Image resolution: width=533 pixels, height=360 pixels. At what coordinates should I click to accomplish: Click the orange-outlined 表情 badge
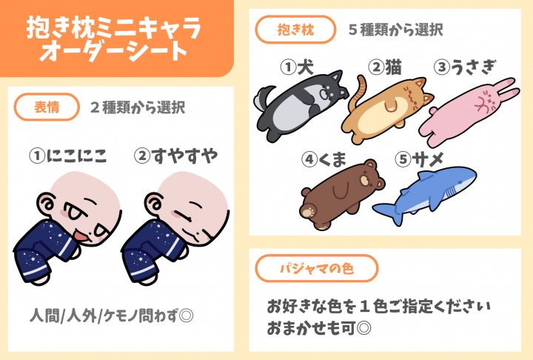47,107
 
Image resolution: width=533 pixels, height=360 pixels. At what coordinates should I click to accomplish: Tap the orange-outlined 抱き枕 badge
295,30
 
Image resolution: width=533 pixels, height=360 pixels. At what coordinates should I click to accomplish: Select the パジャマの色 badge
317,268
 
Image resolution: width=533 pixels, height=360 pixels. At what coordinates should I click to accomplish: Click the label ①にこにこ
68,156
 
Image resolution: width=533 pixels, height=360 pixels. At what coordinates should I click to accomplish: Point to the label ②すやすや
175,156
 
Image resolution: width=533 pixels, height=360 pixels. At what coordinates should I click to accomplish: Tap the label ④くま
324,159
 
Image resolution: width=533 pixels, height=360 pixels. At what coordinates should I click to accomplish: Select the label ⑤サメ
420,159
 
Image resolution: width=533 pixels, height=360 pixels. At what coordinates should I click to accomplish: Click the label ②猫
385,67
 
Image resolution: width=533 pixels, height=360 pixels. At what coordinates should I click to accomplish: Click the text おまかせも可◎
319,328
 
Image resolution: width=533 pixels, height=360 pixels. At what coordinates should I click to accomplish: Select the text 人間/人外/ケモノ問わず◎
112,316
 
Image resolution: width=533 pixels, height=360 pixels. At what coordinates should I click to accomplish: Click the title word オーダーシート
114,51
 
